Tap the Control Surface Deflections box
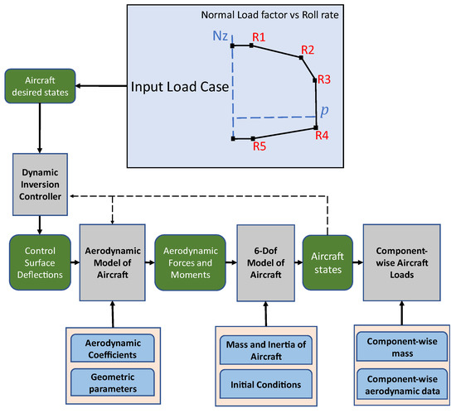point(40,262)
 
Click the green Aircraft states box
point(328,262)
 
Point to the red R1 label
point(259,38)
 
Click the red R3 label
point(323,79)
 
